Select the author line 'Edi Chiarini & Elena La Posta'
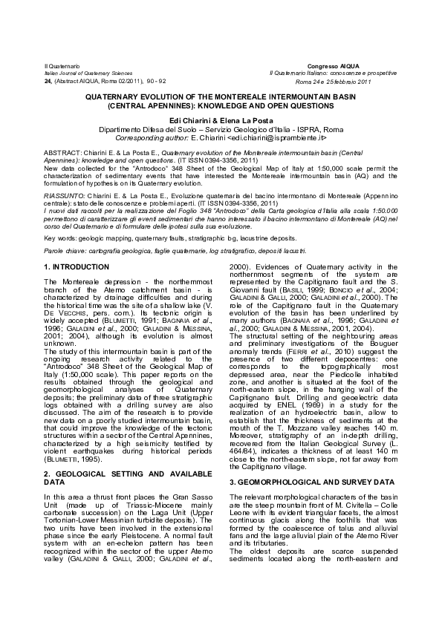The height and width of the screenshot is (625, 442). (x=221, y=120)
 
